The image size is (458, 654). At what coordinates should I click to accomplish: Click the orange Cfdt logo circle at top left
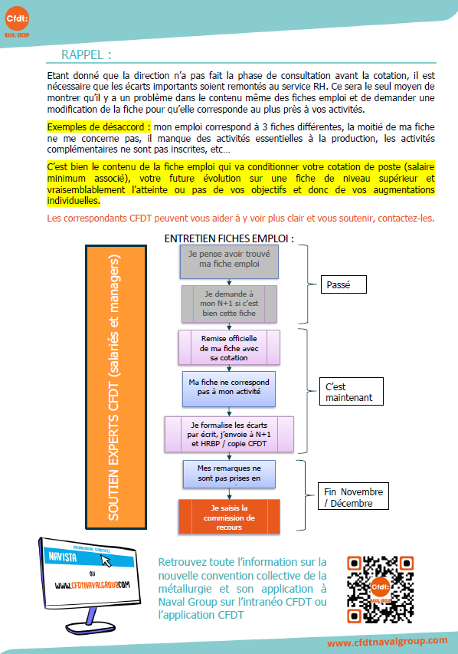pyautogui.click(x=17, y=18)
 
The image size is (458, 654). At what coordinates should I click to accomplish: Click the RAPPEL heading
pyautogui.click(x=87, y=54)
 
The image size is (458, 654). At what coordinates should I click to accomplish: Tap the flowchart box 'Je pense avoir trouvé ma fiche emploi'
pyautogui.click(x=229, y=261)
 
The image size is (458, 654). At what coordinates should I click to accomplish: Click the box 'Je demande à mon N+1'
pyautogui.click(x=229, y=304)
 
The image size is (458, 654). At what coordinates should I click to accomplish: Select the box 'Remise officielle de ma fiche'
pyautogui.click(x=229, y=348)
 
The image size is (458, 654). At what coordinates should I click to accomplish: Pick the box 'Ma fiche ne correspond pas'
pyautogui.click(x=229, y=389)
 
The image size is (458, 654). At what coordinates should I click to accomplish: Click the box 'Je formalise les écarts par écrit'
pyautogui.click(x=229, y=434)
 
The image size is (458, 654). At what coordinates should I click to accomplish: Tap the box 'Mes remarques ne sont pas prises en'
pyautogui.click(x=229, y=474)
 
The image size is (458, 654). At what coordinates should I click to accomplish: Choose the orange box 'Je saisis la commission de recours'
pyautogui.click(x=229, y=517)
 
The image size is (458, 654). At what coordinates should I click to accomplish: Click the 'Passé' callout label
pyautogui.click(x=343, y=284)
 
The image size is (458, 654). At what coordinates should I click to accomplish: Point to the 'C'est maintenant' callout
pyautogui.click(x=352, y=392)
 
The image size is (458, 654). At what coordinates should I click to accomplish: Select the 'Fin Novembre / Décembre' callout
pyautogui.click(x=353, y=496)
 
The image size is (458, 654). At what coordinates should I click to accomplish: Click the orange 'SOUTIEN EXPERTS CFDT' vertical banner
pyautogui.click(x=116, y=387)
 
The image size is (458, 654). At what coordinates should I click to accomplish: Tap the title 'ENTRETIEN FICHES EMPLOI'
pyautogui.click(x=229, y=238)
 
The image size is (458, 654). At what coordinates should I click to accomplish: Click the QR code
pyautogui.click(x=380, y=590)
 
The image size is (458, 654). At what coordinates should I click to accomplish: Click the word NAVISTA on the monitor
pyautogui.click(x=63, y=557)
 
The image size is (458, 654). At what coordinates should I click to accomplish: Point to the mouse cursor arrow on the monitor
pyautogui.click(x=106, y=560)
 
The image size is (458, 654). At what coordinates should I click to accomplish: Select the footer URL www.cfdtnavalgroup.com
pyautogui.click(x=388, y=642)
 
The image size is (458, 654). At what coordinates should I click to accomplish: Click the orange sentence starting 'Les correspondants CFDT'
pyautogui.click(x=240, y=219)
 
